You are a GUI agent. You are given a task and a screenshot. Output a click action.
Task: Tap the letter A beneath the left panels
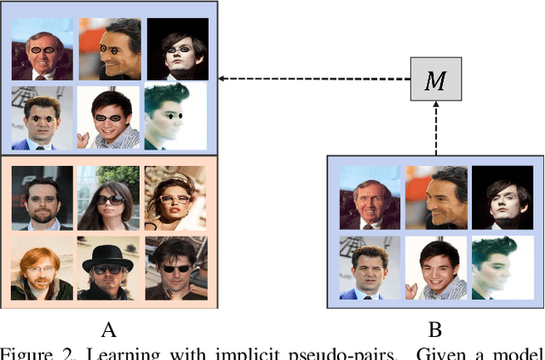108,329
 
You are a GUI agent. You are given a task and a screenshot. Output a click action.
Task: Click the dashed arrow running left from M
315,79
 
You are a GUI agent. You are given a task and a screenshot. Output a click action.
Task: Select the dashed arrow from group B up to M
435,128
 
